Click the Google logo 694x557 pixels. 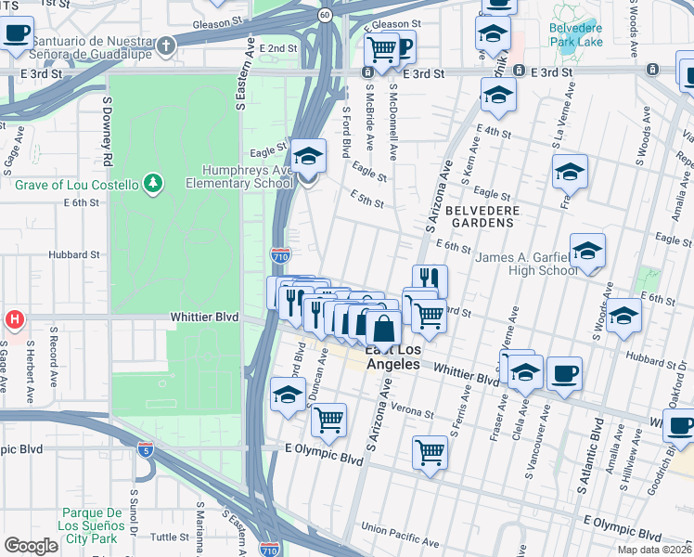tap(31, 546)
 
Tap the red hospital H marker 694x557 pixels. tap(14, 320)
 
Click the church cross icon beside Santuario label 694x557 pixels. tap(165, 45)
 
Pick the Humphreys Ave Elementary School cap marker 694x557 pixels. tap(308, 159)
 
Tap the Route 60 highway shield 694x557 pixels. tap(323, 15)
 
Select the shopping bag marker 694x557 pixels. tap(383, 329)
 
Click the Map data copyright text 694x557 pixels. tap(655, 550)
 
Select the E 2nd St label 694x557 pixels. tap(278, 48)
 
